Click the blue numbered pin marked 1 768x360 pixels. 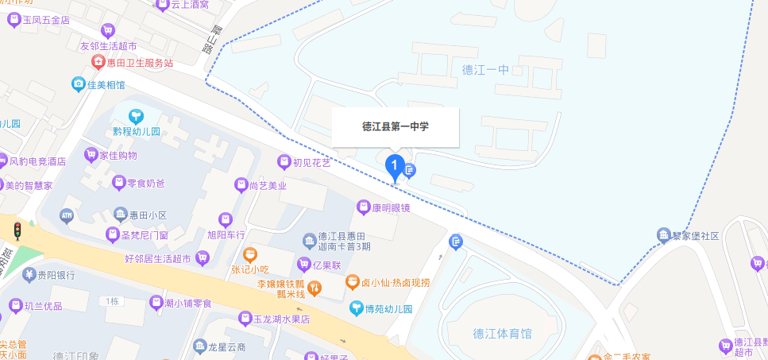[x=395, y=166]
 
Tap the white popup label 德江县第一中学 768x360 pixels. [x=395, y=126]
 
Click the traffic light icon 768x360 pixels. [x=17, y=231]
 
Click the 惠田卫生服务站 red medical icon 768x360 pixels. [x=98, y=62]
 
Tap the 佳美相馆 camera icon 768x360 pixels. [x=79, y=83]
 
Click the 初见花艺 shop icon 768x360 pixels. [x=283, y=162]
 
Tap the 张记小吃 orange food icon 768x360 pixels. [x=250, y=256]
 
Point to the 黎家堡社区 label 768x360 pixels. [x=698, y=235]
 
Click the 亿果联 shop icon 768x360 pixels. [x=303, y=264]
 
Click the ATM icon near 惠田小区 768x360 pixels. [x=66, y=215]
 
